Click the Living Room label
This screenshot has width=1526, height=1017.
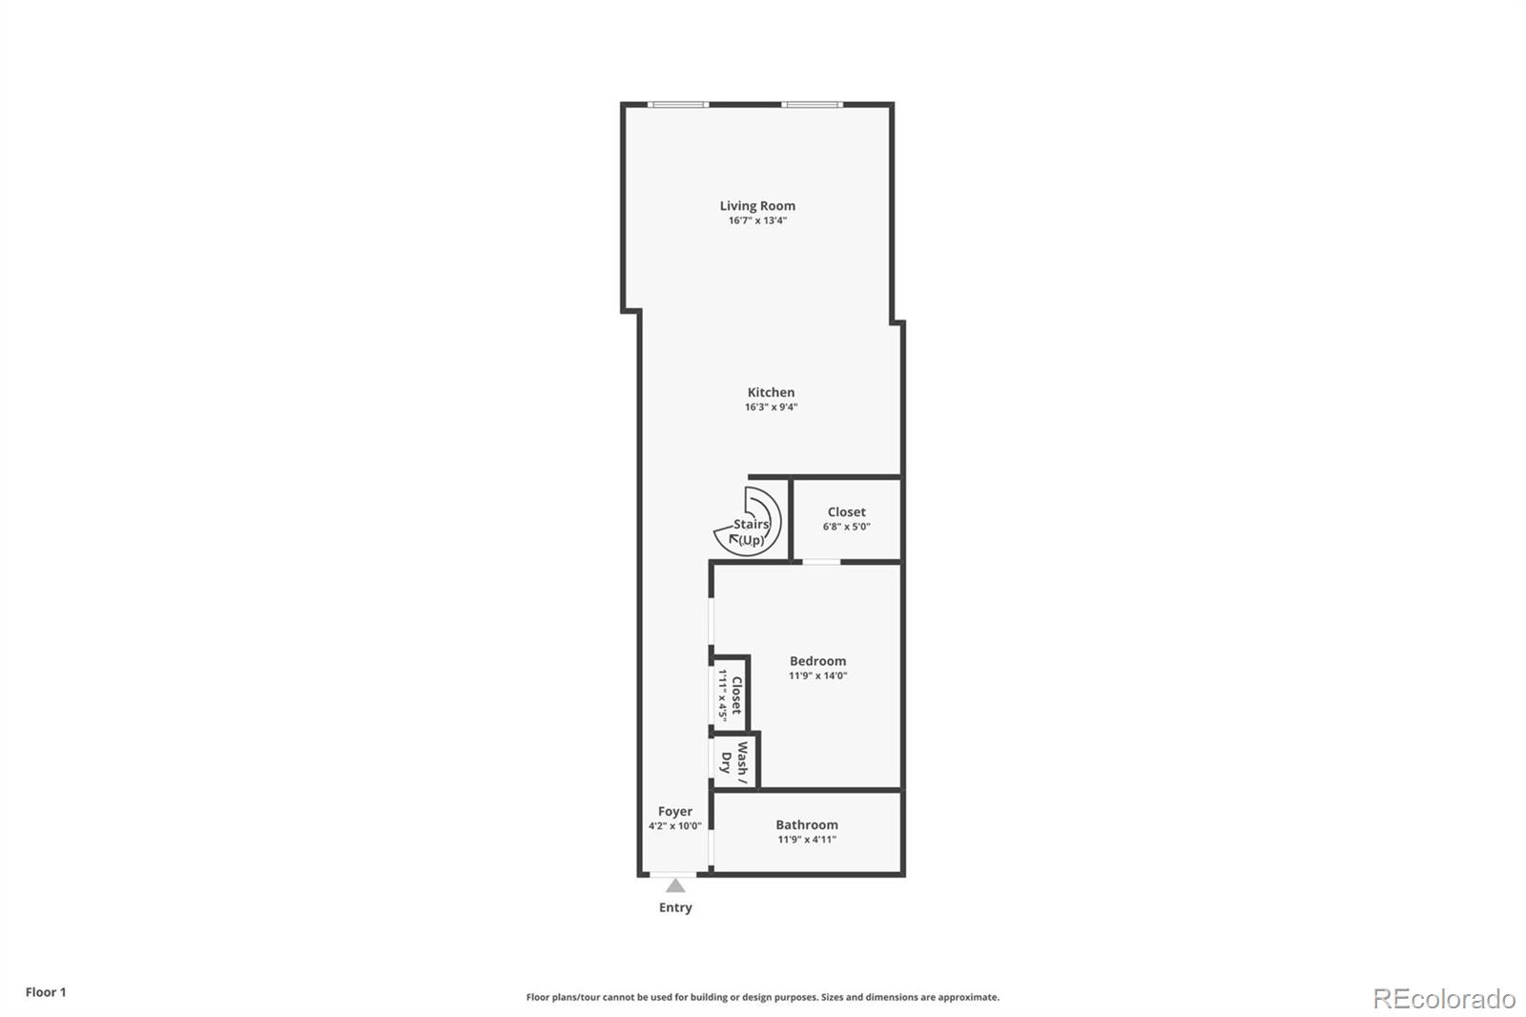(x=757, y=205)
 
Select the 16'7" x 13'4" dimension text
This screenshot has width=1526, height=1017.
(x=757, y=220)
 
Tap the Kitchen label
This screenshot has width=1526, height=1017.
(x=771, y=392)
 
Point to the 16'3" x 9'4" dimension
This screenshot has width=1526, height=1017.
(x=771, y=407)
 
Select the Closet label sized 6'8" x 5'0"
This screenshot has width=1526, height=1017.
(x=847, y=512)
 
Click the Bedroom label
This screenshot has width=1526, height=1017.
(x=817, y=661)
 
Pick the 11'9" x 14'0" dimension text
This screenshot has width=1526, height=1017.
(x=817, y=675)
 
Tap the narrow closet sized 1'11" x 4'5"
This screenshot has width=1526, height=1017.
(x=731, y=695)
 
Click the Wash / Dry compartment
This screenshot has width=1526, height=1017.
(x=735, y=761)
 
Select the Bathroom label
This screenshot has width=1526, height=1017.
(x=807, y=825)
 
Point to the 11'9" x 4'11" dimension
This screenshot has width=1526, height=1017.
(x=807, y=840)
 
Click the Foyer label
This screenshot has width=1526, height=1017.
(x=675, y=812)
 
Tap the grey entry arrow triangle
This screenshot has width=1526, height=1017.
(x=675, y=886)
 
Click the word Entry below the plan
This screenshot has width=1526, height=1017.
(x=675, y=907)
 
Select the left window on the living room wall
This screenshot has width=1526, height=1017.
(x=678, y=104)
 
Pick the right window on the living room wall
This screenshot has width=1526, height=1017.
(x=813, y=104)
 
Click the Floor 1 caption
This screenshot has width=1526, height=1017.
(x=46, y=992)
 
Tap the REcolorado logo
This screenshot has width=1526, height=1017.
(x=1444, y=999)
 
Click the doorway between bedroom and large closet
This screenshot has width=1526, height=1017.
(x=821, y=562)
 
